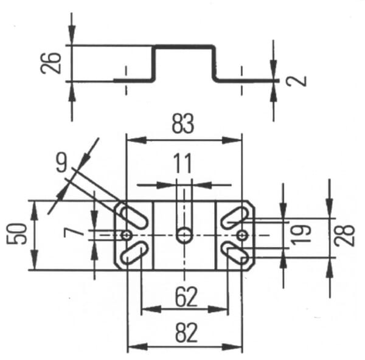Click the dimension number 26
tap(50, 63)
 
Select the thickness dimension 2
tap(296, 81)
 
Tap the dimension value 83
tap(182, 123)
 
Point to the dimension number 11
tap(183, 163)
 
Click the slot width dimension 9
tap(61, 163)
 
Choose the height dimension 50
tap(16, 234)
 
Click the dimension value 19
tap(301, 235)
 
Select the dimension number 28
tap(345, 235)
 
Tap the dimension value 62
tap(186, 297)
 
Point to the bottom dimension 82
tap(186, 333)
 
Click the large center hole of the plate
tap(184, 235)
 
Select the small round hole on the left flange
tap(127, 235)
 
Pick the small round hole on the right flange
tap(242, 235)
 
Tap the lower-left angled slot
tap(134, 253)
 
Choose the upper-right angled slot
tap(235, 217)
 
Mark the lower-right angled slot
tap(235, 253)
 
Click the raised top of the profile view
tap(184, 47)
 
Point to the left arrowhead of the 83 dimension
tap(137, 140)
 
